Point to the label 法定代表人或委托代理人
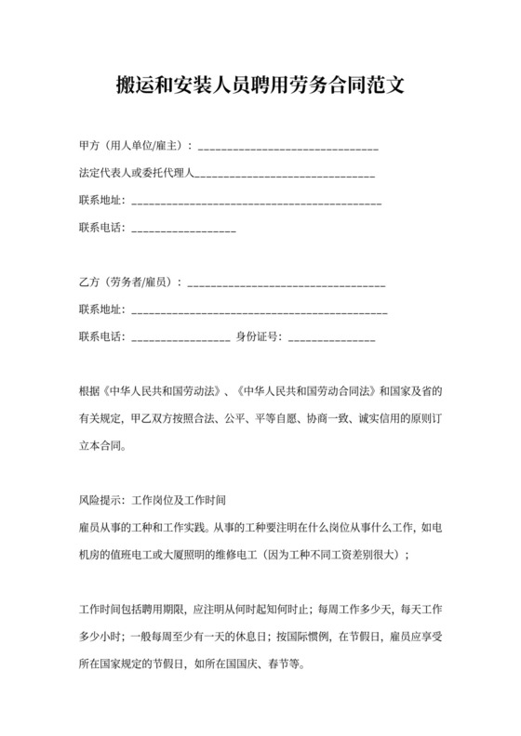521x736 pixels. point(135,173)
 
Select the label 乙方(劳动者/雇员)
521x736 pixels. point(127,282)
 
